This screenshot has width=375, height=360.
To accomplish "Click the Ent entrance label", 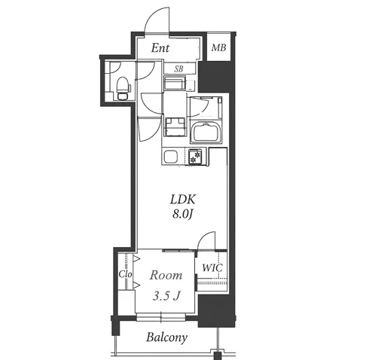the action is coord(160,47).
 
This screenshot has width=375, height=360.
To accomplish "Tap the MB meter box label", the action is coord(218,47).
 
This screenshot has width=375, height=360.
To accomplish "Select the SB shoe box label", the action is coord(178,69).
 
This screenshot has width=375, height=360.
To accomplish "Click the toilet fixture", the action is coord(123,88).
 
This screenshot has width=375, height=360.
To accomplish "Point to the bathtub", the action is coord(206,132).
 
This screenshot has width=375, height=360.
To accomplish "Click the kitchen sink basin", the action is coord(171,157).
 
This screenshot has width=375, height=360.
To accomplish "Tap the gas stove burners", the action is coord(195,156).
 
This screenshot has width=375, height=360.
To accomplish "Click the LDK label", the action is coord(183,200).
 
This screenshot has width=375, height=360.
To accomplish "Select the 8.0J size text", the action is coord(182,214).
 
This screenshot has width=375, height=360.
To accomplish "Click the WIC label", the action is coord(212,267).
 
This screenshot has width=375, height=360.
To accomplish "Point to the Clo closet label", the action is coord(125,274).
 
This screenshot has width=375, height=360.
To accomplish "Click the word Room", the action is coord(166,276).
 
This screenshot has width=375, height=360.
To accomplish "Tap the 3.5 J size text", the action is coord(166,296).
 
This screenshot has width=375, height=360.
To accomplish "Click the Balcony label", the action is coord(167,337).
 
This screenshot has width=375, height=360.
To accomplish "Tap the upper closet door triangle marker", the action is coord(136,259).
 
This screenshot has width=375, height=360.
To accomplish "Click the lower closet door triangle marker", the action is coord(136,285).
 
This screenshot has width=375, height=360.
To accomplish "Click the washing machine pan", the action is coord(175,127).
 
